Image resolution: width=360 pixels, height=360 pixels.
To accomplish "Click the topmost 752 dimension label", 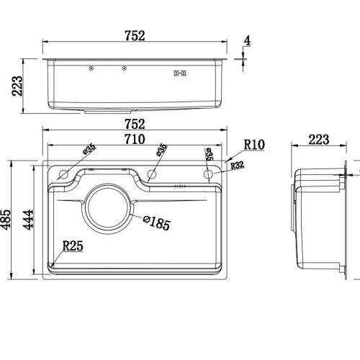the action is tap(135, 36).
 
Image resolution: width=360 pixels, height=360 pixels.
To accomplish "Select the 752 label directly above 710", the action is tap(135, 124).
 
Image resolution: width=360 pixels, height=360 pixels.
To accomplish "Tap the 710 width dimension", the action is tap(135, 139).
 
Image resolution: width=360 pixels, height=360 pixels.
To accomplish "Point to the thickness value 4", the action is tap(247, 41).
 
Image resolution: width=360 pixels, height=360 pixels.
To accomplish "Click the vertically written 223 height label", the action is tap(17, 86).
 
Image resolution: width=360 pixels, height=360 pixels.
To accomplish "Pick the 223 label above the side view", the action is tap(319, 140).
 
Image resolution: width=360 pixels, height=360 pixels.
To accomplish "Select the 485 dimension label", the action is tap(6, 220).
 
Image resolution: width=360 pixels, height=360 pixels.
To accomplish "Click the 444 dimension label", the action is tap(28, 220).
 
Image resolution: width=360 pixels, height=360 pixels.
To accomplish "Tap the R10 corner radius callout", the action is tap(254, 145).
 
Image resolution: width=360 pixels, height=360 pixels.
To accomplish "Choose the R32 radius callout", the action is tap(237, 165).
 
